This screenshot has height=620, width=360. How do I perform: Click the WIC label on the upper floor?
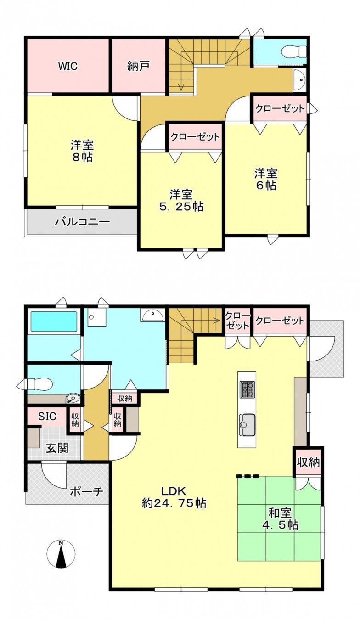[x=67, y=66]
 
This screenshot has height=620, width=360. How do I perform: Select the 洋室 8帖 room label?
[x=82, y=151]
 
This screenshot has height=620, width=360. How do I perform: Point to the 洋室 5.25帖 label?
[x=181, y=200]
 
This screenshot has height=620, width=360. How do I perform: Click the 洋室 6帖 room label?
[x=266, y=180]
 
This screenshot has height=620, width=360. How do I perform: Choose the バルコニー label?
[x=82, y=222]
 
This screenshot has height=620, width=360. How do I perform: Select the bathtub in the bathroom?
[x=53, y=323]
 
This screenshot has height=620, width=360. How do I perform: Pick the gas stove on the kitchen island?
[x=247, y=389]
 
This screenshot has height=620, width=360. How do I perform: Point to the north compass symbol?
[x=61, y=554]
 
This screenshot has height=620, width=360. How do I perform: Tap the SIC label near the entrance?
[x=47, y=417]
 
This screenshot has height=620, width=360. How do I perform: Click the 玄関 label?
[x=57, y=448]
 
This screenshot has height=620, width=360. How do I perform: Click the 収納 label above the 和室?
[x=308, y=462]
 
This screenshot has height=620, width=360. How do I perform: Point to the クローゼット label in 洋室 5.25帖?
[x=195, y=137]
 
